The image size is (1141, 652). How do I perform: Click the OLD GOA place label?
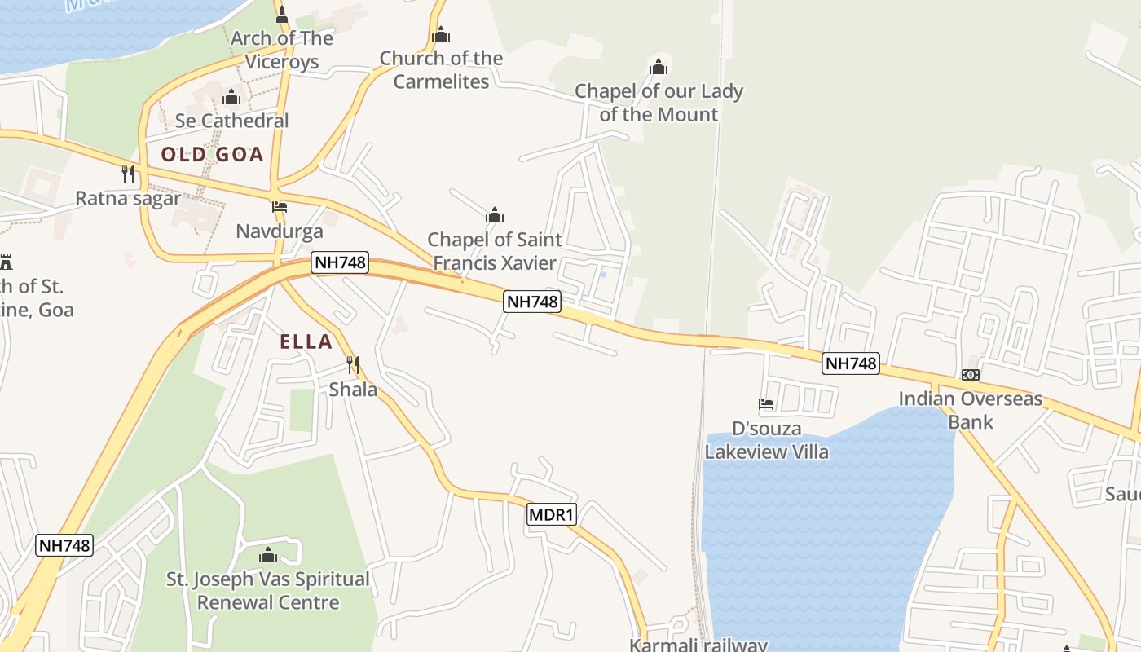click(212, 154)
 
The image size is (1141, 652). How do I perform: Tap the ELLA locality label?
click(306, 341)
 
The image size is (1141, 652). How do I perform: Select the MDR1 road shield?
click(552, 514)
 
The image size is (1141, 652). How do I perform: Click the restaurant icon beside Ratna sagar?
click(128, 174)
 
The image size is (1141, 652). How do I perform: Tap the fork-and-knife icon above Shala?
click(353, 364)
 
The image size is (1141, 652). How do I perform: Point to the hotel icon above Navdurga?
click(280, 207)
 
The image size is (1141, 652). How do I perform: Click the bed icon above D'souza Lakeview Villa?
click(766, 403)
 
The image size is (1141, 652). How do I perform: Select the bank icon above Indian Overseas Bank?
click(970, 374)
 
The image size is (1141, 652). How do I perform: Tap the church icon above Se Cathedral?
click(231, 98)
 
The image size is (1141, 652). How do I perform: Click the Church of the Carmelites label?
click(441, 70)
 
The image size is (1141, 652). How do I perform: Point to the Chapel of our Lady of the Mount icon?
click(659, 67)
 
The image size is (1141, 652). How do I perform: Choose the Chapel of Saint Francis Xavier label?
click(495, 251)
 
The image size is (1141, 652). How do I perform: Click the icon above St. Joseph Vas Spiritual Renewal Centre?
click(268, 556)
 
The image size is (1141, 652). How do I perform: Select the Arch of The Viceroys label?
click(282, 50)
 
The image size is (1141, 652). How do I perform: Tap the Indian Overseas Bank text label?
click(970, 410)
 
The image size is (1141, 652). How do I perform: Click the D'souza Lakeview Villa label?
click(766, 440)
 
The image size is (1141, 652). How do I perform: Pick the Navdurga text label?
click(280, 231)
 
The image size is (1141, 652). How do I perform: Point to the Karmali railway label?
click(698, 645)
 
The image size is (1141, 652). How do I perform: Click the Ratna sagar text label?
click(128, 198)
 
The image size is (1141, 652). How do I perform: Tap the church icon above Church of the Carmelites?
click(441, 34)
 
